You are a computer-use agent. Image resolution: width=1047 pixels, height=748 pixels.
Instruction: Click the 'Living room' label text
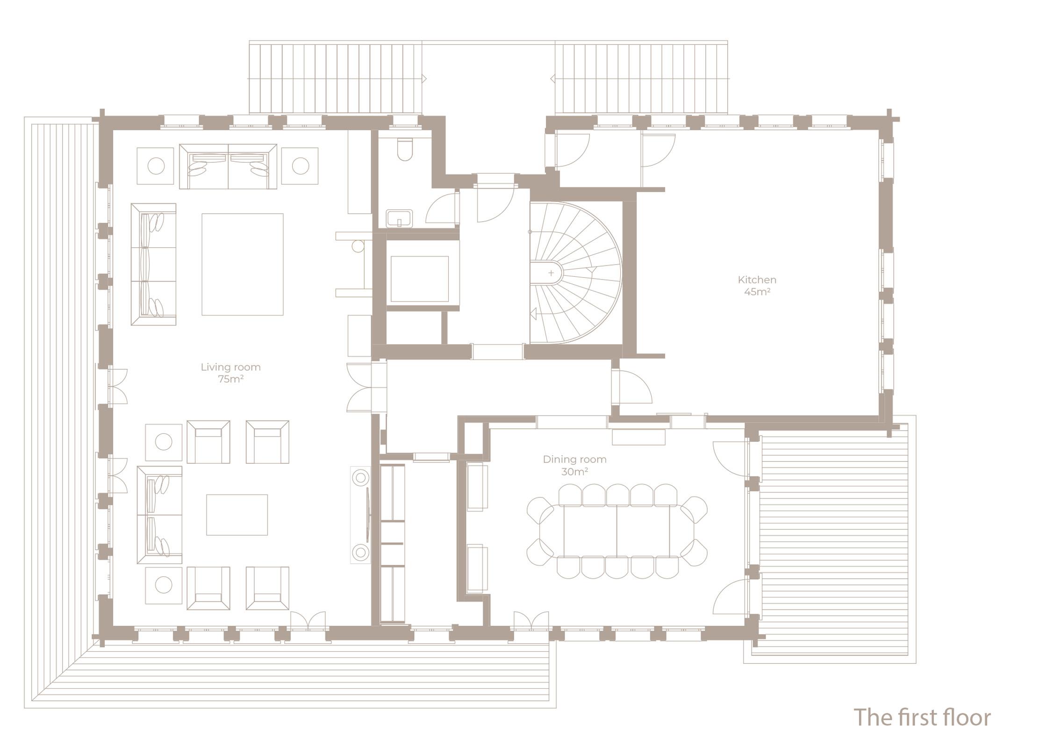230,367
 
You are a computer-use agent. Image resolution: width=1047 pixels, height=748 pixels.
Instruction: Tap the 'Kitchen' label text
757,280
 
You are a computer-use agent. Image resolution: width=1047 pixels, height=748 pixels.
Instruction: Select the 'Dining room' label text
574,460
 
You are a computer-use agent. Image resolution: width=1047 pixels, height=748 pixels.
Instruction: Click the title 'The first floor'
922,717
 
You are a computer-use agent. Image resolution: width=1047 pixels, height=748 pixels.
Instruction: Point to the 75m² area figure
230,379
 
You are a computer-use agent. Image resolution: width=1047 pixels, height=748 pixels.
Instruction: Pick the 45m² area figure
757,292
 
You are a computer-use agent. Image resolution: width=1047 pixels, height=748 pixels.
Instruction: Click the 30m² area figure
574,472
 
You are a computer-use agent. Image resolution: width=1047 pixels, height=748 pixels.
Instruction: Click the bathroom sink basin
400,218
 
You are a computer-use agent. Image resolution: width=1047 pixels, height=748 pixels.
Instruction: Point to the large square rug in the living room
243,265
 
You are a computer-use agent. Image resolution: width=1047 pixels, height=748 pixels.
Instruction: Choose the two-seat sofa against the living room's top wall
228,166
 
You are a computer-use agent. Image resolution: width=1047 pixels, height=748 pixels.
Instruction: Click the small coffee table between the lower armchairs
237,515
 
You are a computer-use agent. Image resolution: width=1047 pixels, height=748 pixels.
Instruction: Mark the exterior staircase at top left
336,78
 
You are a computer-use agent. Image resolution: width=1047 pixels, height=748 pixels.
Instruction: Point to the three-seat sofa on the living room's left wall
153,264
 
